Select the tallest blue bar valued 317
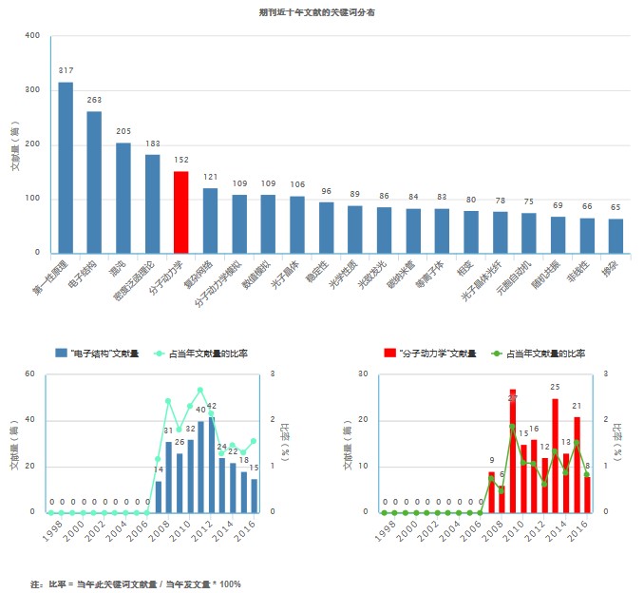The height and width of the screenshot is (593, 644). tap(66, 167)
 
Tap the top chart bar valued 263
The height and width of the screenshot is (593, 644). tap(94, 182)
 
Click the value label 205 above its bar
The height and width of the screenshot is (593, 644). tap(123, 131)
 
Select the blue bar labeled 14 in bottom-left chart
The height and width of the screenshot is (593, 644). tap(158, 496)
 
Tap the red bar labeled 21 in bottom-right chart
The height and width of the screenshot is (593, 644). tap(577, 465)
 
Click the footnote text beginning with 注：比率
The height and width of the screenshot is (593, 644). tap(136, 583)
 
